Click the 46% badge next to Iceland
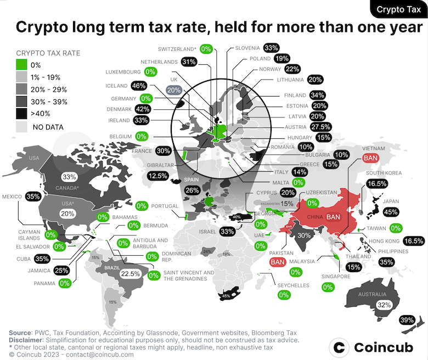pos(138,86)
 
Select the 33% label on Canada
pos(69,177)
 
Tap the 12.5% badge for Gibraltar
pos(158,176)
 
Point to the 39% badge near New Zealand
pos(407,320)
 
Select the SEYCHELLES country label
pos(294,285)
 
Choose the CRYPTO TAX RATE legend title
pos(48,53)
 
